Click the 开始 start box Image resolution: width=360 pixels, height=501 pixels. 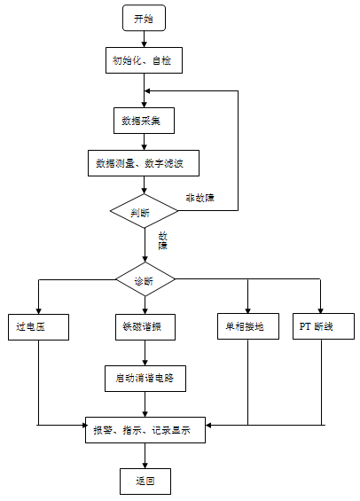click(x=144, y=18)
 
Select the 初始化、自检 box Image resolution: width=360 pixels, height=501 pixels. click(x=144, y=62)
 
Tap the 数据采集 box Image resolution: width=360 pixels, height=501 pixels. click(x=144, y=118)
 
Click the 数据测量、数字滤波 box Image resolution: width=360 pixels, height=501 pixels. click(x=144, y=164)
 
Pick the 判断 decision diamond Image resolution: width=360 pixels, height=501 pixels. click(x=144, y=211)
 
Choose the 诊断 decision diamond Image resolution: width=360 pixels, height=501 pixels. click(x=144, y=280)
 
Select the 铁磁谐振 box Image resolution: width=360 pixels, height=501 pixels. click(x=144, y=326)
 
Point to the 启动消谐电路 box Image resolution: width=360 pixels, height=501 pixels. click(x=144, y=377)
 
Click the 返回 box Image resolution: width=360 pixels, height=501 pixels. click(x=144, y=481)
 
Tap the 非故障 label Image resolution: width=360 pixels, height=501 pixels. click(x=200, y=197)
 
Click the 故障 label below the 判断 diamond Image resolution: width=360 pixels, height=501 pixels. click(x=163, y=241)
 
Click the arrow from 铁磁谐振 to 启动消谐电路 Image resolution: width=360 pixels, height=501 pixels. click(x=144, y=351)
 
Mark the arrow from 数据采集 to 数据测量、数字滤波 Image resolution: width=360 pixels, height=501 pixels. click(x=144, y=141)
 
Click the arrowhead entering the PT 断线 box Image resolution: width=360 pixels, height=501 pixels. click(x=319, y=307)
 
